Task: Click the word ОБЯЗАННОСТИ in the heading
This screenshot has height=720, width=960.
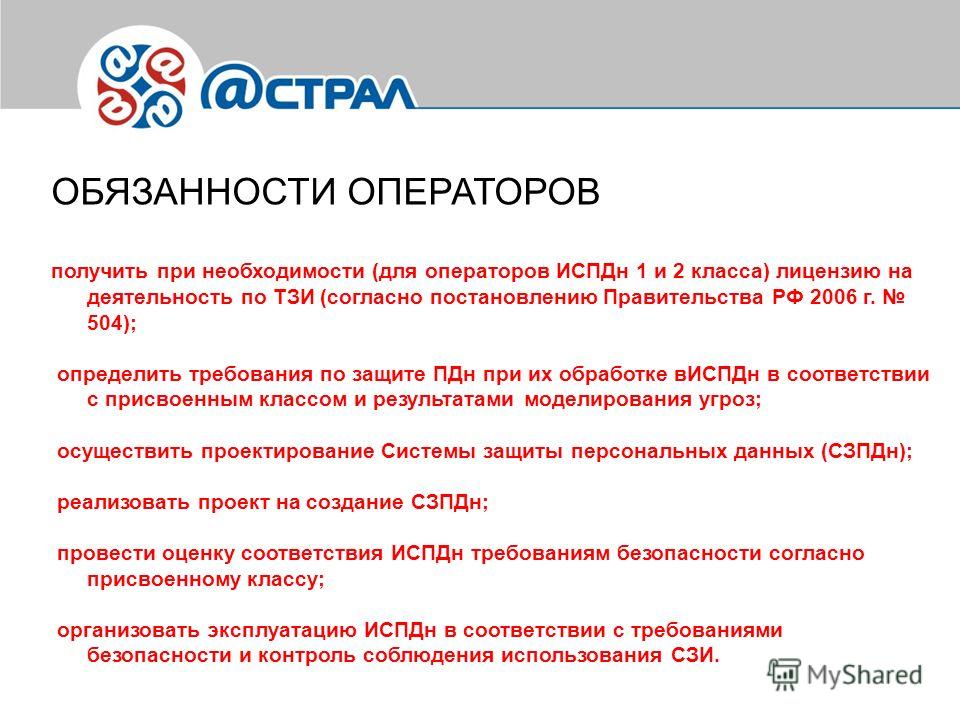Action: pos(194,192)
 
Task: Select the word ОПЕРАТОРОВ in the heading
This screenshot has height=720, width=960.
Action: pos(474,192)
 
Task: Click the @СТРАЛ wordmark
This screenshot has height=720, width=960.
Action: pos(307,88)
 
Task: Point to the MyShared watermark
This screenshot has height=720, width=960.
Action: pos(845,675)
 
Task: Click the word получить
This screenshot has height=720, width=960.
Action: pos(99,271)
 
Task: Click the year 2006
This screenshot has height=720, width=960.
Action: pos(833,297)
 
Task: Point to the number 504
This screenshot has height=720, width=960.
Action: pos(106,323)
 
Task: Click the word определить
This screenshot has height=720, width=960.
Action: pos(119,374)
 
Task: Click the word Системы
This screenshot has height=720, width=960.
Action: pos(429,451)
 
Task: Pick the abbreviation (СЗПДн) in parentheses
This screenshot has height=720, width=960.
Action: pos(863,451)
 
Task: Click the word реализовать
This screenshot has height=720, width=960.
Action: pos(124,503)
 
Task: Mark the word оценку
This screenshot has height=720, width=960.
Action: pos(198,554)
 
